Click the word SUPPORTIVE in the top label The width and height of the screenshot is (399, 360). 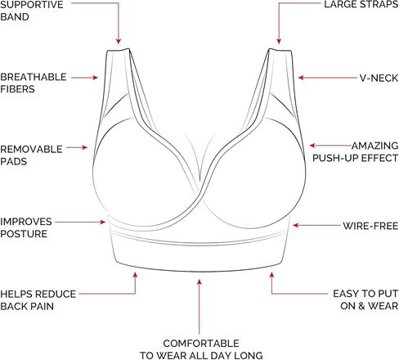tap(32, 5)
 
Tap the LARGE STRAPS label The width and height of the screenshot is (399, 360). tap(361, 5)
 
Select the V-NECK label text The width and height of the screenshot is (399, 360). tap(379, 79)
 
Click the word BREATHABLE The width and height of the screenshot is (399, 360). tap(34, 77)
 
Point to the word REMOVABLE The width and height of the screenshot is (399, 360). tap(31, 150)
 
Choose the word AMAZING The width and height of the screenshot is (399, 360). tap(375, 146)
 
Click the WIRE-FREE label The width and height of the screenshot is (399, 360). tap(370, 226)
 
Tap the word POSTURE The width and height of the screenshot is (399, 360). tap(24, 234)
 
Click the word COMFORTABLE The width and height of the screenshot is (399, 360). tap(201, 344)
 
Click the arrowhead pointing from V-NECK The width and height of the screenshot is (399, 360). tap(301, 78)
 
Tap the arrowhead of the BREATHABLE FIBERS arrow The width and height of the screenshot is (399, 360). tap(95, 78)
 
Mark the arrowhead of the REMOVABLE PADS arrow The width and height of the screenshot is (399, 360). tap(85, 147)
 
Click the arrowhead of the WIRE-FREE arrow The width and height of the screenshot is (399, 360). tap(296, 225)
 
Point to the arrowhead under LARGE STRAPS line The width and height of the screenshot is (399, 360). tap(279, 41)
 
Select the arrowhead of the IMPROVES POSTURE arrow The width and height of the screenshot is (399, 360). tap(103, 223)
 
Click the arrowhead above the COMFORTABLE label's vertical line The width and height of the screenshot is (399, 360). tap(199, 282)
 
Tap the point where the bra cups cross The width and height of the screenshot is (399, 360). tap(200, 194)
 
